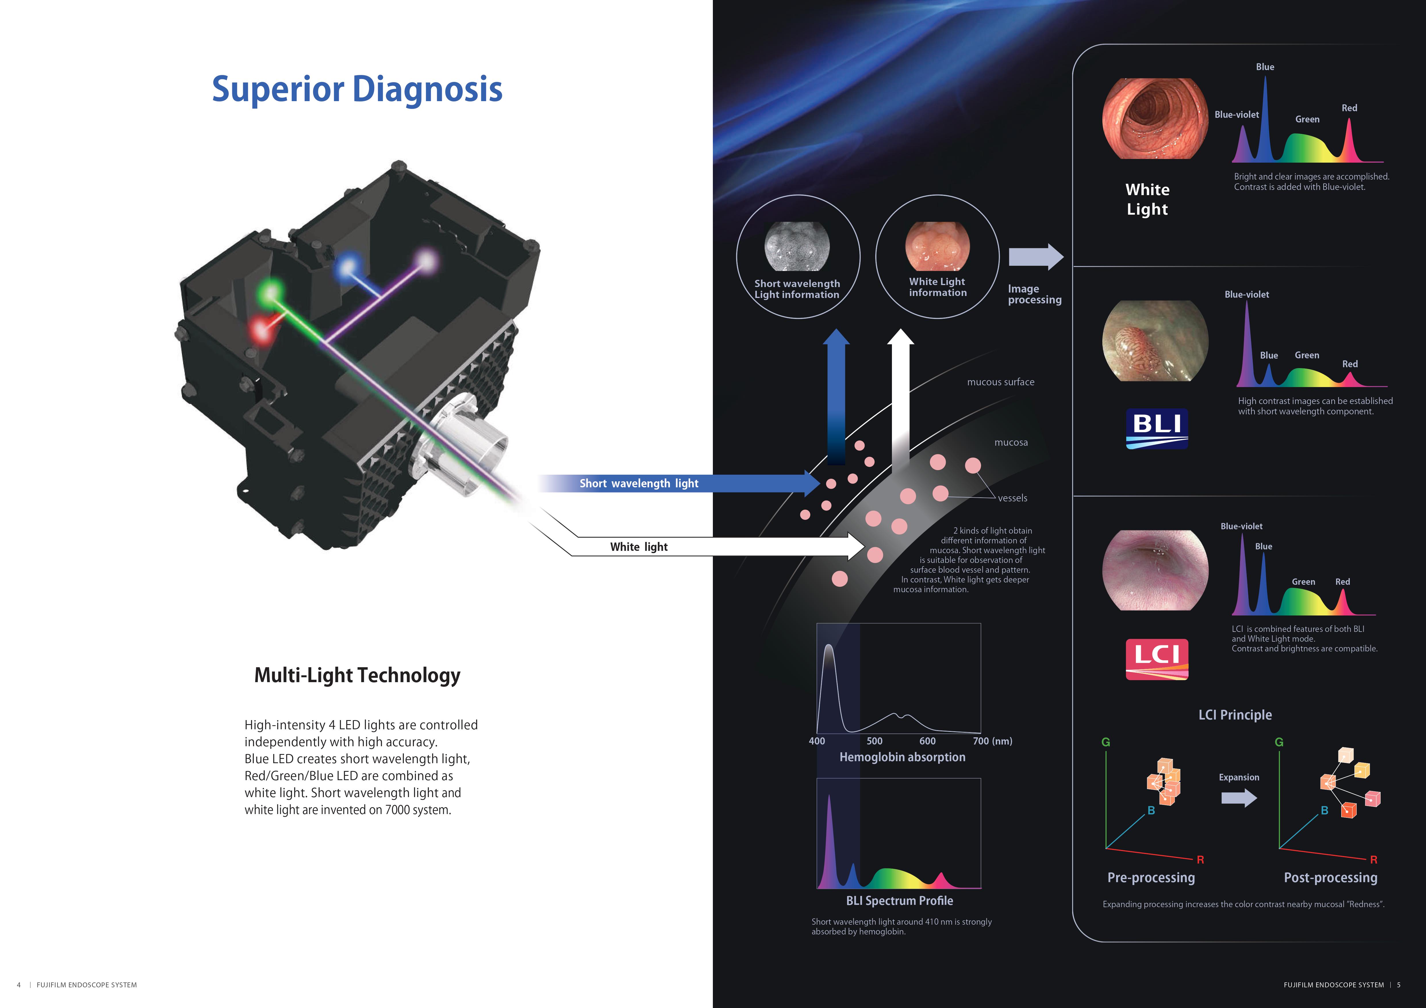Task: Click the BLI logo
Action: pyautogui.click(x=1156, y=428)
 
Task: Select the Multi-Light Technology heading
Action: pyautogui.click(x=357, y=675)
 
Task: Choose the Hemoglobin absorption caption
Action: pyautogui.click(x=902, y=757)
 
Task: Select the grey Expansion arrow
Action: pyautogui.click(x=1238, y=798)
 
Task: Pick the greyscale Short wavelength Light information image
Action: pyautogui.click(x=797, y=247)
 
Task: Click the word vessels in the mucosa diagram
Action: pyautogui.click(x=1012, y=498)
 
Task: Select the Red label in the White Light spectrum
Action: pyautogui.click(x=1349, y=108)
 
